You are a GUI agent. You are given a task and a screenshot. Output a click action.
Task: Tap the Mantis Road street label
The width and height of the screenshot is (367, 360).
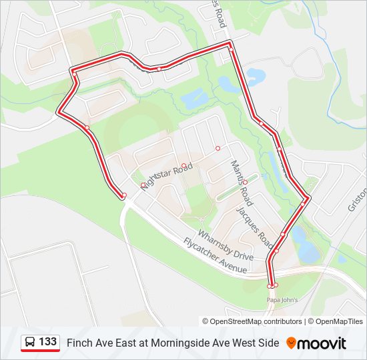(242, 182)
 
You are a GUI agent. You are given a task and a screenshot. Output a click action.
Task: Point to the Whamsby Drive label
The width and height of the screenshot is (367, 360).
(225, 245)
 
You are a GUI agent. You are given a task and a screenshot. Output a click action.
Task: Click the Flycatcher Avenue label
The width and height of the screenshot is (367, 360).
(215, 259)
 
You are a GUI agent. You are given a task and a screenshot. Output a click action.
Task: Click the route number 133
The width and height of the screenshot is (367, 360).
(47, 342)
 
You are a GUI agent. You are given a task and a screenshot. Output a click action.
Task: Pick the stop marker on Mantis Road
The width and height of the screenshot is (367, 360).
(245, 182)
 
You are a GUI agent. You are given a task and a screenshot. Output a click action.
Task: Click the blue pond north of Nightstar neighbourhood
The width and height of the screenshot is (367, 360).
(194, 99)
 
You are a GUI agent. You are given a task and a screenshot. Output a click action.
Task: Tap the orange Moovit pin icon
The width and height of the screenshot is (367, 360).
(291, 343)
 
